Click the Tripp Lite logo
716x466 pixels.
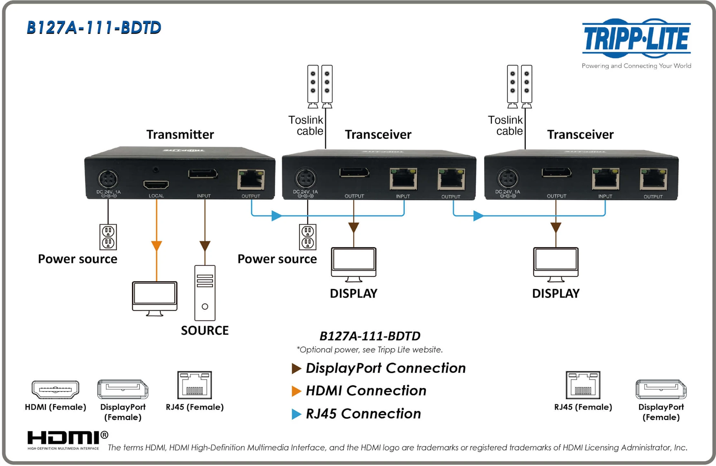(636, 39)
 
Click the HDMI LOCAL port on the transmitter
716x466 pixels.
(156, 185)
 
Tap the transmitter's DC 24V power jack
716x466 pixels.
(108, 179)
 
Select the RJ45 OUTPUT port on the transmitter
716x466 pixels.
(251, 180)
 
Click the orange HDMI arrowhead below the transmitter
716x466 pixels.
(156, 246)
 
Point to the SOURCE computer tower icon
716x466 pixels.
(205, 293)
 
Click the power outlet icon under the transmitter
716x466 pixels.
(108, 237)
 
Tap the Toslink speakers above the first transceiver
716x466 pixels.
(320, 86)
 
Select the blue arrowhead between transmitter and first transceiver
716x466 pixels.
(276, 215)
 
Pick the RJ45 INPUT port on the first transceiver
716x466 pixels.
(403, 179)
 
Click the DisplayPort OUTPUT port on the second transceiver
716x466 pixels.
(556, 173)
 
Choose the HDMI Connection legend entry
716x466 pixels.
(366, 390)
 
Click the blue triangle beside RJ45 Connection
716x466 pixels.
(296, 414)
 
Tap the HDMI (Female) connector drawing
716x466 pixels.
(55, 389)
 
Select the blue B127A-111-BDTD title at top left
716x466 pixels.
(94, 28)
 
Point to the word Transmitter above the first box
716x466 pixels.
(180, 135)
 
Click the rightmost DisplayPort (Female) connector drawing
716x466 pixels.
(661, 389)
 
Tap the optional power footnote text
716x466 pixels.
(369, 350)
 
